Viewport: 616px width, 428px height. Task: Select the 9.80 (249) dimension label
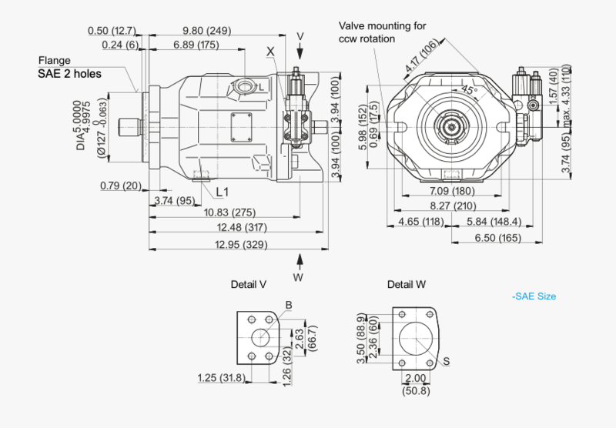pyautogui.click(x=207, y=30)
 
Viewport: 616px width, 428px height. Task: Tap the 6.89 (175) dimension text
pyautogui.click(x=195, y=45)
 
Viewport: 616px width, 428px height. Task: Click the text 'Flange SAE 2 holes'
pyautogui.click(x=69, y=68)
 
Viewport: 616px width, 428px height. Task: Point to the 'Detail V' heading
pyautogui.click(x=249, y=284)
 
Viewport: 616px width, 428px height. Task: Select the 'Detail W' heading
pyautogui.click(x=407, y=284)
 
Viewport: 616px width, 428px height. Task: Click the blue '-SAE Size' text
pyautogui.click(x=534, y=296)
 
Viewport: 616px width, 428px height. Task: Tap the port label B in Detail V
pyautogui.click(x=288, y=305)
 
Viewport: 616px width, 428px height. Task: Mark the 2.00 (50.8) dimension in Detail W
pyautogui.click(x=415, y=384)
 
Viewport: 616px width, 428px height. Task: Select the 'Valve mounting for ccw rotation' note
pyautogui.click(x=382, y=32)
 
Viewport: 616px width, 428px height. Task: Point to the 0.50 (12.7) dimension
pyautogui.click(x=112, y=30)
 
